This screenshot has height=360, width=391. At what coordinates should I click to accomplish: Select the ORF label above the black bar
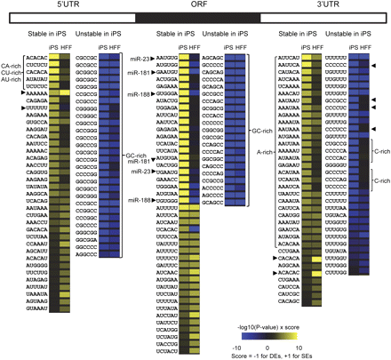197,6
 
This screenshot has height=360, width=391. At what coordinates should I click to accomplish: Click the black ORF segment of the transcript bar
197,17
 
